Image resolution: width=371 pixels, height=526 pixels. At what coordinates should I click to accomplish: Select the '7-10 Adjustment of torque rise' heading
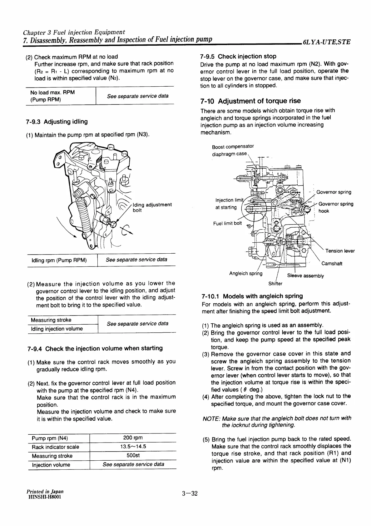pos(250,101)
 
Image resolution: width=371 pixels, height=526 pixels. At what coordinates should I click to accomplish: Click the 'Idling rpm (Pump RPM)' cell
pos(59,260)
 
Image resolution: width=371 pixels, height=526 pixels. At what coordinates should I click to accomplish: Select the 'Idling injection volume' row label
pos(57,329)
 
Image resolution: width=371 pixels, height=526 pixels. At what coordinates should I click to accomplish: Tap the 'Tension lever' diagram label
pos(340,251)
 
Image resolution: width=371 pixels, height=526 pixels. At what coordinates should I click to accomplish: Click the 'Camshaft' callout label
pos(332,263)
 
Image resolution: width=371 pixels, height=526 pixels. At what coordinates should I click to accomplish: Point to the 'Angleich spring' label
pos(246,273)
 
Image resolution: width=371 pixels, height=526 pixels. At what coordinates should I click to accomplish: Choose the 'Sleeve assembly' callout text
pos(305,276)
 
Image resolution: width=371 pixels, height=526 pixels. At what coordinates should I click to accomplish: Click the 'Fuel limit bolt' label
pos(227,223)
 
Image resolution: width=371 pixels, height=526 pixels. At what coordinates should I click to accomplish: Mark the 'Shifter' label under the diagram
pos(275,284)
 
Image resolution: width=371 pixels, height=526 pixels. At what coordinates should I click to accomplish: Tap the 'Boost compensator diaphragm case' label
pos(232,150)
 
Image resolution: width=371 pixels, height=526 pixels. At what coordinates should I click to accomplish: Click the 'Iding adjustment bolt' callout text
pos(152,207)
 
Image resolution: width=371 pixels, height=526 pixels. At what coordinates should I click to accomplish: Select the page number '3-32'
pos(190,494)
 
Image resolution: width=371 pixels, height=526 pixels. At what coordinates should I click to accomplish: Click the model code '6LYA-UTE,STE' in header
pos(327,42)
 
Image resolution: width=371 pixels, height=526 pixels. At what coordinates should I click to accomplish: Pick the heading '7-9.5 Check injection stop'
pos(238,56)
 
